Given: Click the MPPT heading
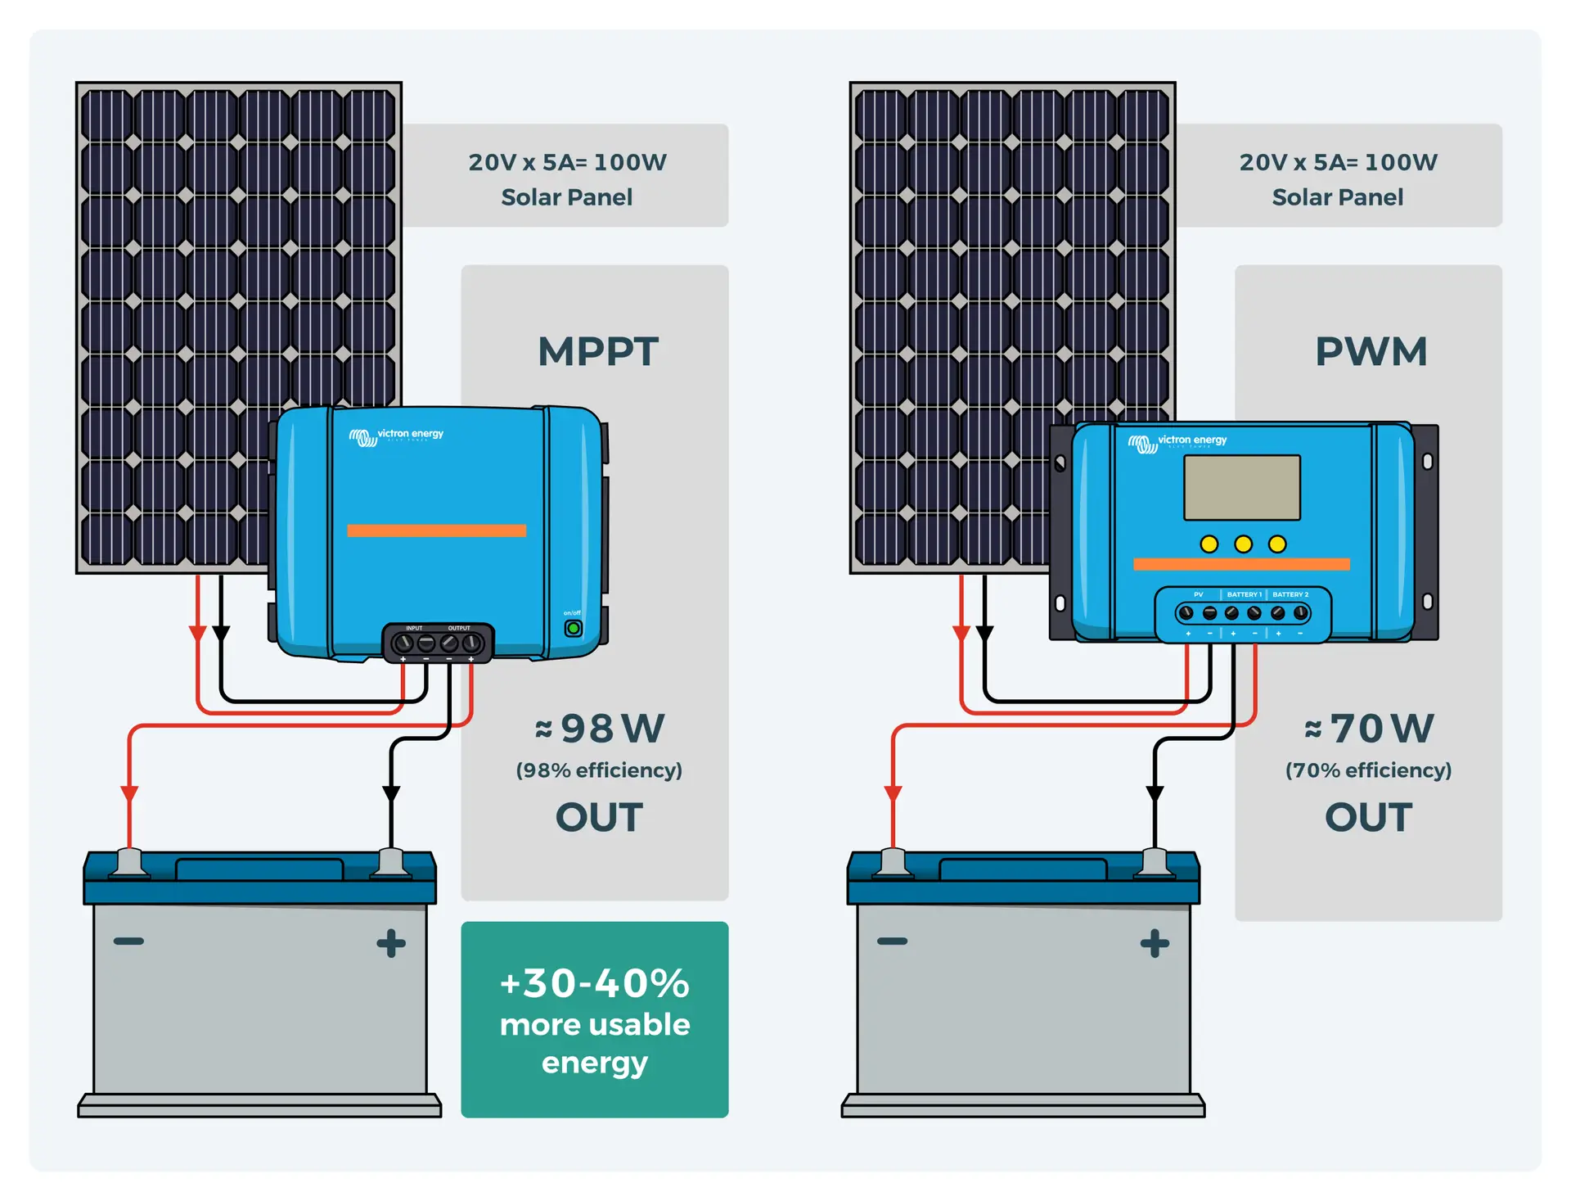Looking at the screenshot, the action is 597,352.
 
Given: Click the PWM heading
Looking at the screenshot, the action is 1371,352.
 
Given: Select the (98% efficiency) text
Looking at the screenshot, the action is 599,770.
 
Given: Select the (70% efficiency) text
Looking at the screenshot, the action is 1368,770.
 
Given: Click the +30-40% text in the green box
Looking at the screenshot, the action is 595,983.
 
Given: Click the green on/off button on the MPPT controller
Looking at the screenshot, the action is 574,629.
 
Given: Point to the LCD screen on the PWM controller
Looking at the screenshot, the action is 1242,488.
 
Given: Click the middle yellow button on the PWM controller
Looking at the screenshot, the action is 1243,544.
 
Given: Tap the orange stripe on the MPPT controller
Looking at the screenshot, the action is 436,531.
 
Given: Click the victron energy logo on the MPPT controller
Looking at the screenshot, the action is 397,436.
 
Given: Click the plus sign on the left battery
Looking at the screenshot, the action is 391,943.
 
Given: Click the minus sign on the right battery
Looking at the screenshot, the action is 892,941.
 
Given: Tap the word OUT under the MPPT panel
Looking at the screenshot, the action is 599,817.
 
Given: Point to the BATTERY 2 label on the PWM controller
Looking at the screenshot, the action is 1290,594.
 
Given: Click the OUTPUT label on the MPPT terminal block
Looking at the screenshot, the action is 459,628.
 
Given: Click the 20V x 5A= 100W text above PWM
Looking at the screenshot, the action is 1338,162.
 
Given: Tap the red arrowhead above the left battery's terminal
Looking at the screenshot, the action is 129,793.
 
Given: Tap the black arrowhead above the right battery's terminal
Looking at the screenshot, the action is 1155,793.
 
